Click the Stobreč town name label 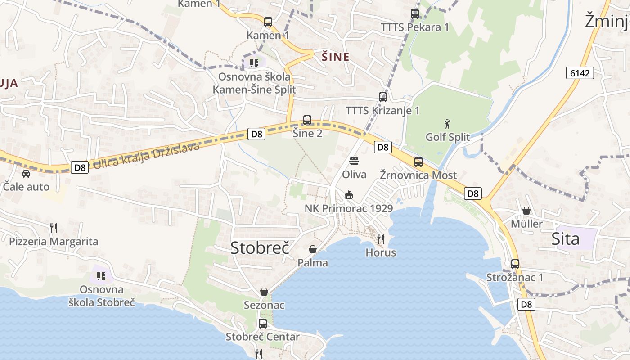click(x=260, y=248)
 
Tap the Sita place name click(x=565, y=239)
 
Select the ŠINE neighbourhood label click(x=335, y=57)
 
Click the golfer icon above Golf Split click(x=447, y=124)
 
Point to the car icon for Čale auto click(x=26, y=173)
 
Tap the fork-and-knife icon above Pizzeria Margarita click(x=54, y=228)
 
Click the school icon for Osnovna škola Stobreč click(x=101, y=276)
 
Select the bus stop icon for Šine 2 click(x=307, y=120)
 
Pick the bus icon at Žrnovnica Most click(x=418, y=162)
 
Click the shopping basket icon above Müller click(x=526, y=211)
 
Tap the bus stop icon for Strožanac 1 click(x=515, y=264)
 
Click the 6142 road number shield click(x=580, y=73)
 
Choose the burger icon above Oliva click(x=354, y=161)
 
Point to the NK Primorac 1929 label click(x=349, y=209)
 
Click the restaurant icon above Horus click(x=381, y=239)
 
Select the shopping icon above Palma click(x=313, y=249)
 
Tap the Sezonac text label click(x=264, y=305)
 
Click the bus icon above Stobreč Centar click(x=263, y=323)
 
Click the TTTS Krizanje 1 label click(x=382, y=111)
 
